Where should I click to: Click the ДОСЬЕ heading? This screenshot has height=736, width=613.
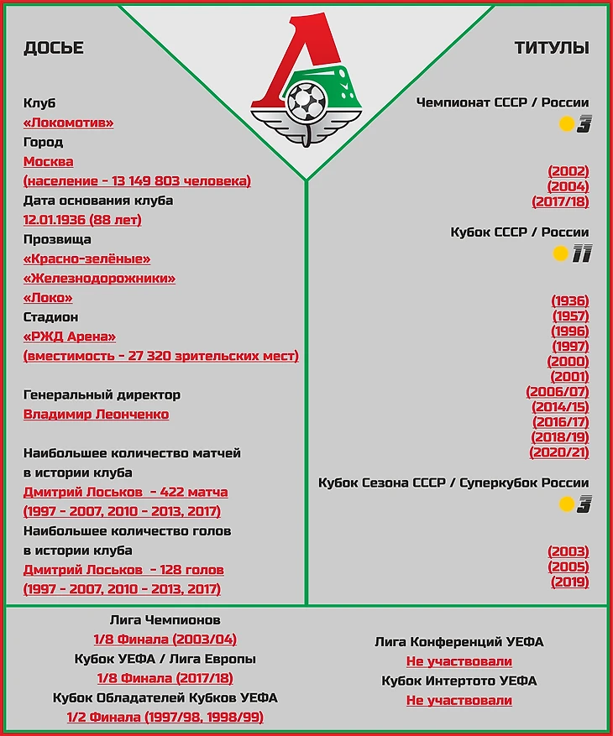click(x=54, y=48)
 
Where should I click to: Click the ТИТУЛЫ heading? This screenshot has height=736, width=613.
click(x=552, y=48)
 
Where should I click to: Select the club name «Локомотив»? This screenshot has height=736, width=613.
click(x=68, y=123)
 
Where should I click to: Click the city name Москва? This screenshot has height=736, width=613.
click(x=48, y=161)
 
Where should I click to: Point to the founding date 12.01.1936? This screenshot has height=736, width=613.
click(x=82, y=220)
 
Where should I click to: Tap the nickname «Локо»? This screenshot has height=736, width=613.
click(x=48, y=298)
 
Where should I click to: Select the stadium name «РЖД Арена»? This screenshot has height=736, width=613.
click(x=70, y=337)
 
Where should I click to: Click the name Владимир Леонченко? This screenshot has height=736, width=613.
click(x=96, y=415)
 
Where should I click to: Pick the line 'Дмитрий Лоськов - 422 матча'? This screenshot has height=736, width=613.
click(x=125, y=493)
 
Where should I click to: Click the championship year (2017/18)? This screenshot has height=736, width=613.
click(x=560, y=201)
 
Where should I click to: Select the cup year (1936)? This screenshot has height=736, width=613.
click(x=569, y=300)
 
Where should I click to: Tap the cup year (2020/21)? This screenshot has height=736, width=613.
click(x=558, y=452)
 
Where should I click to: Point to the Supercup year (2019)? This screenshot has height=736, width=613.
click(x=569, y=582)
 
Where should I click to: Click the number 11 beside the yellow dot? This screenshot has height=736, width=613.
click(x=581, y=254)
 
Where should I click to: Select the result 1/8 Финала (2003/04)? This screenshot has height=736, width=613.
click(x=165, y=639)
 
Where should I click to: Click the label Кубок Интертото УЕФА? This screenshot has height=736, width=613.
click(x=458, y=681)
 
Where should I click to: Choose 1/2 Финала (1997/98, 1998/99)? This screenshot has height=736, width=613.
click(x=165, y=718)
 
